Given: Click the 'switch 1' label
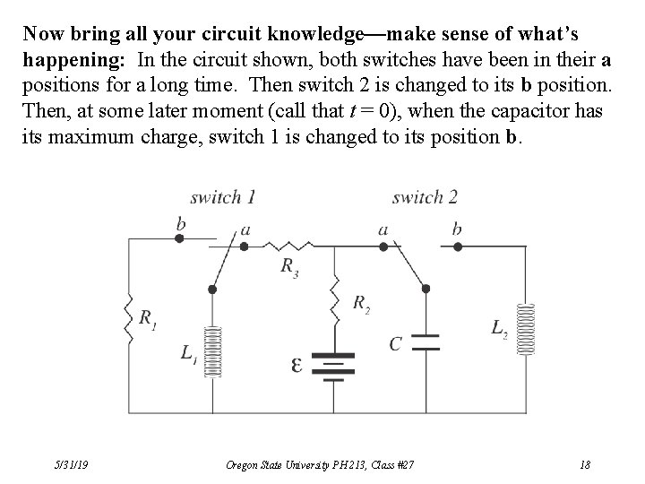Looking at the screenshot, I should coord(223,197).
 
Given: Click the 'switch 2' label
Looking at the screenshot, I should coord(425,197).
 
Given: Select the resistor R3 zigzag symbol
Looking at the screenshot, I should coord(288,243).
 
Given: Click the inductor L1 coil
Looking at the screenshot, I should coord(212,352).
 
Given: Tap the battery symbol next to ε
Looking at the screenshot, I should coord(335,367).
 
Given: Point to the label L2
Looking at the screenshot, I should coord(499,329).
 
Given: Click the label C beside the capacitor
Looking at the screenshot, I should coord(394,344).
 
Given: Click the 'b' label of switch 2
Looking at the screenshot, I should coord(457,229).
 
